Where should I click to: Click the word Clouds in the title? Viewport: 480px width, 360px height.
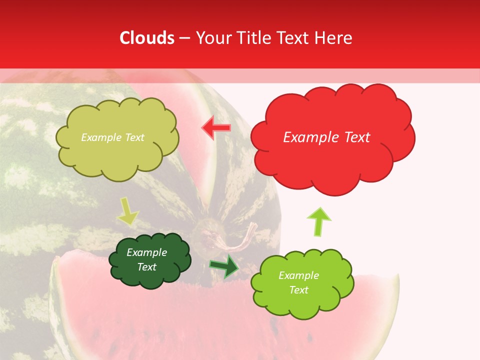tap(147, 38)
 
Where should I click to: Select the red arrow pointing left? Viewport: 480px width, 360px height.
tap(216, 127)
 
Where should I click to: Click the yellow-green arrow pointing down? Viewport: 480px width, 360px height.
tap(127, 212)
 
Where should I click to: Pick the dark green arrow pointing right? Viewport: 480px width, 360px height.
tap(224, 266)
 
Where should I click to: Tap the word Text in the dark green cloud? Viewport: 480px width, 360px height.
tap(146, 267)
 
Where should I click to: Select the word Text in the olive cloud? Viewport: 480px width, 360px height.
tap(133, 137)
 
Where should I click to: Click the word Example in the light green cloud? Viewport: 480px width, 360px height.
tap(298, 275)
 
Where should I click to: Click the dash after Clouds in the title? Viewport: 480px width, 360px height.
tap(184, 38)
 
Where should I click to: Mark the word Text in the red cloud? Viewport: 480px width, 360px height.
tap(355, 137)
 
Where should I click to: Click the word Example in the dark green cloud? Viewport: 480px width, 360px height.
tap(146, 252)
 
